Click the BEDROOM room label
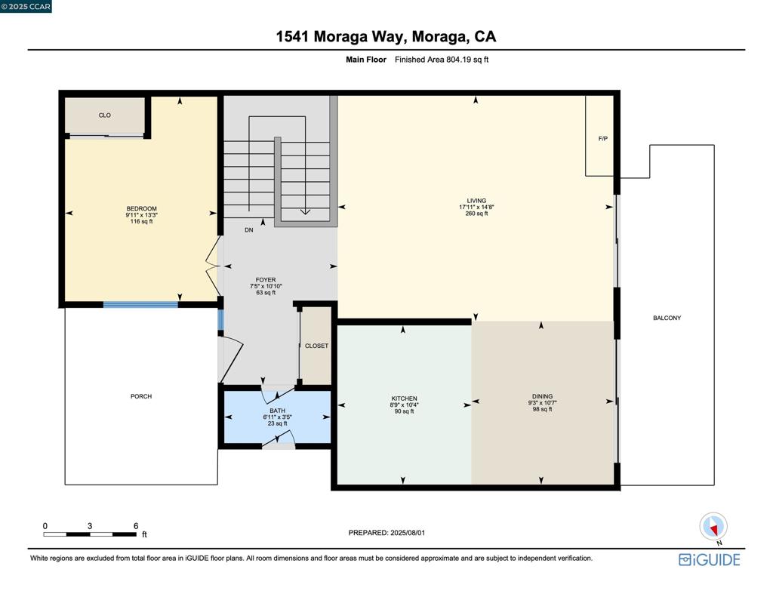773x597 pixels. (141, 208)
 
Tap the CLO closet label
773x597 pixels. (104, 115)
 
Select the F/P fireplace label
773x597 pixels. (603, 139)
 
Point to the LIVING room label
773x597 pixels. (476, 201)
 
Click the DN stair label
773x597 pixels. (249, 230)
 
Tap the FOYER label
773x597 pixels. (266, 279)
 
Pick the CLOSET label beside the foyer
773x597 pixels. (316, 346)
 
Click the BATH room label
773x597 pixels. (278, 411)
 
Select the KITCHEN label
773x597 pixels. (405, 399)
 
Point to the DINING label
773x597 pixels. (542, 396)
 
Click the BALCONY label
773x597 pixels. (667, 318)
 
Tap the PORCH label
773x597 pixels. (141, 396)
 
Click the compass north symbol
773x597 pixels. (713, 527)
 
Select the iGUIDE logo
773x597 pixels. (710, 559)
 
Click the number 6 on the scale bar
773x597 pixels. (136, 526)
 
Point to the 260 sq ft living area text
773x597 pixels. (476, 214)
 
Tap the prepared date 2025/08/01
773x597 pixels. (408, 533)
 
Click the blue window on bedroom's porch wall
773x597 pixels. (140, 305)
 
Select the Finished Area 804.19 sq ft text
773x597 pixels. (442, 60)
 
